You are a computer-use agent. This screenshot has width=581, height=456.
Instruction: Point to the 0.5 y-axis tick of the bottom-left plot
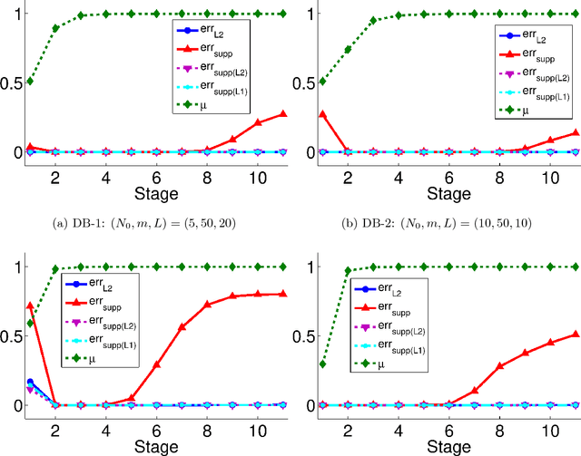click(x=12, y=335)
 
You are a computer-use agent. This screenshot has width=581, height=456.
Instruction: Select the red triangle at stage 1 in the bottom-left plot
click(x=30, y=306)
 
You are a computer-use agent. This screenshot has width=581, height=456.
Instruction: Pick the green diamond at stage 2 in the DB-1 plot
click(x=55, y=28)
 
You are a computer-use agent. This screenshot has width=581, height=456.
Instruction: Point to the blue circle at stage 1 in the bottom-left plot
click(x=30, y=382)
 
